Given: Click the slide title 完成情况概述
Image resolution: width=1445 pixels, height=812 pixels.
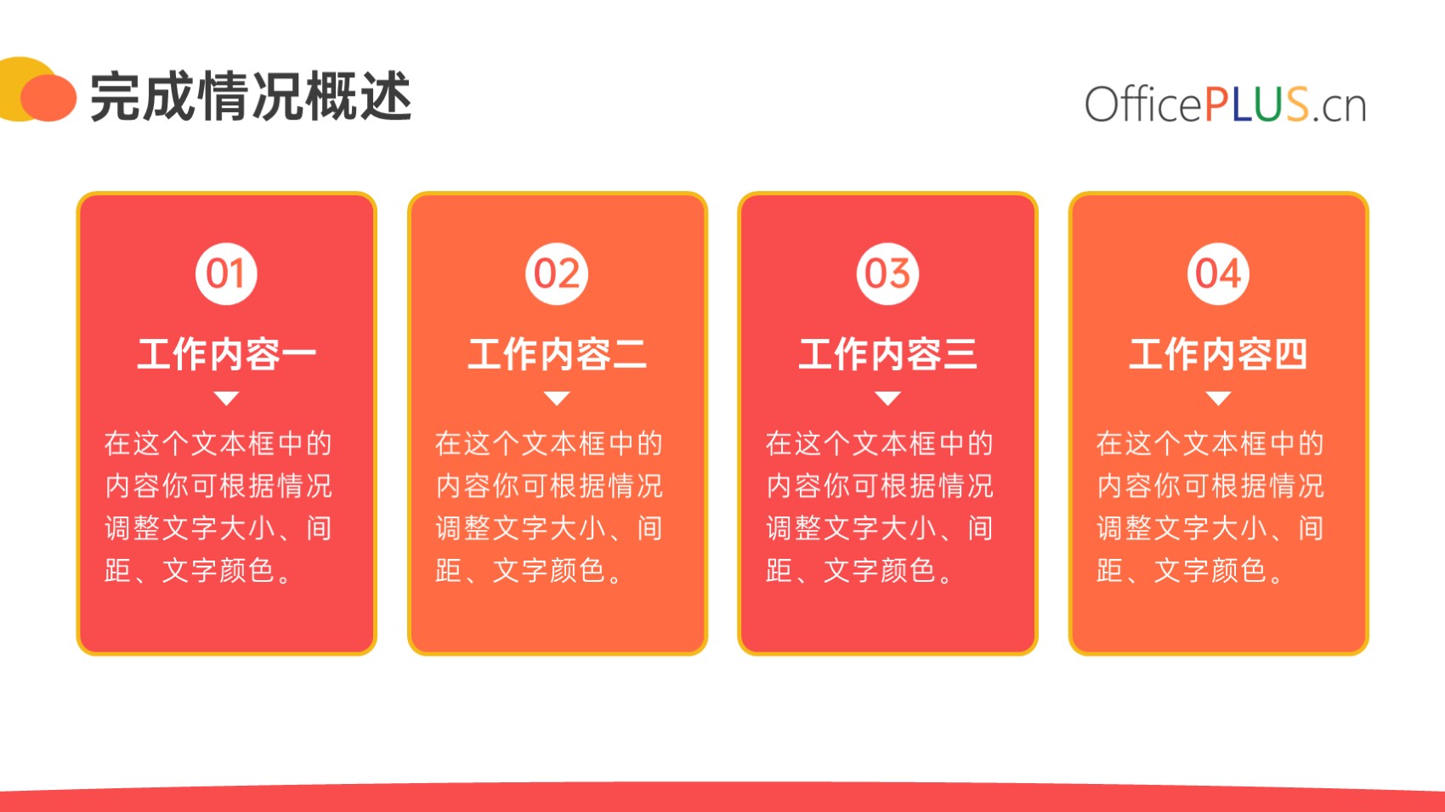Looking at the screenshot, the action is click(x=250, y=97).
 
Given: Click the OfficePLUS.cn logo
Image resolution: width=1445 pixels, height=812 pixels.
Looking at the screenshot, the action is click(x=1225, y=104).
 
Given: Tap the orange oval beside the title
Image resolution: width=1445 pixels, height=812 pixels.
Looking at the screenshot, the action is click(x=48, y=98).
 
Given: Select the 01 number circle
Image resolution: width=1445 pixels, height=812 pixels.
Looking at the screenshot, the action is click(x=226, y=273).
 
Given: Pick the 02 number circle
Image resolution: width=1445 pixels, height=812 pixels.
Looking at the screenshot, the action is click(x=557, y=273).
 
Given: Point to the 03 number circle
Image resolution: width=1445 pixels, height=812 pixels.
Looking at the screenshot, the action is click(x=887, y=273).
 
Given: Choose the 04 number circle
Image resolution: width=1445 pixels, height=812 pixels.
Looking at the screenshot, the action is click(x=1218, y=273).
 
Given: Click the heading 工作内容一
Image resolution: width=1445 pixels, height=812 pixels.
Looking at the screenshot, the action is click(x=226, y=354).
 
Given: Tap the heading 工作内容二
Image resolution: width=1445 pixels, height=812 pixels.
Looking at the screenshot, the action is click(x=557, y=354).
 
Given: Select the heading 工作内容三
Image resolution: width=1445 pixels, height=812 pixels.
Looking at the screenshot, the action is click(x=887, y=354).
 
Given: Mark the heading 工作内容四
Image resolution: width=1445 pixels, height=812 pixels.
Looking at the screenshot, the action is click(x=1218, y=354).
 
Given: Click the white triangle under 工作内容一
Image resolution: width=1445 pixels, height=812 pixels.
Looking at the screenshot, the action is click(x=226, y=398).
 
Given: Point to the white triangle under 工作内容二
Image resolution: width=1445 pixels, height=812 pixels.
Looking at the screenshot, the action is click(x=557, y=398).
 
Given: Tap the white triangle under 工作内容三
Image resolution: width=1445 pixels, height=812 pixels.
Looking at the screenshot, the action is click(x=887, y=398).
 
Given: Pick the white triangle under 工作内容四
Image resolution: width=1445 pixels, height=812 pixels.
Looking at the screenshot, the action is click(x=1218, y=398).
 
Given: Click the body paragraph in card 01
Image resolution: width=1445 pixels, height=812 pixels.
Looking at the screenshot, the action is click(x=218, y=507).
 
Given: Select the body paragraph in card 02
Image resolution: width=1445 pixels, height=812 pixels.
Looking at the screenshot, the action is click(x=549, y=507).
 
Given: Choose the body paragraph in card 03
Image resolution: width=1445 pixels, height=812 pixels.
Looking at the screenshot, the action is click(x=880, y=507).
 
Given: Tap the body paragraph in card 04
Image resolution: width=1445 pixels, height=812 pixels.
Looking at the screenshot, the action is click(x=1210, y=507).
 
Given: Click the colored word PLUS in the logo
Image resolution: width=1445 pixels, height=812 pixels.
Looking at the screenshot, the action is click(x=1256, y=104).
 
